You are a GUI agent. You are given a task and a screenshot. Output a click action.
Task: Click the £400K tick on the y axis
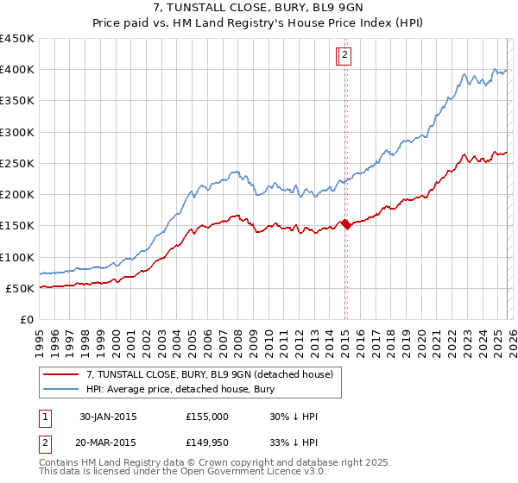click(x=17, y=70)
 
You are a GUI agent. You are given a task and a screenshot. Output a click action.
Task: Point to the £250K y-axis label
click(x=17, y=163)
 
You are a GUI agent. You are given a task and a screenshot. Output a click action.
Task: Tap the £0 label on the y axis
click(x=26, y=319)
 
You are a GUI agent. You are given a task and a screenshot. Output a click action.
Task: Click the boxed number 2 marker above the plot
click(x=344, y=56)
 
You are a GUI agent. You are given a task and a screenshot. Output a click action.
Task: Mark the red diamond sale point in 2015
click(x=346, y=224)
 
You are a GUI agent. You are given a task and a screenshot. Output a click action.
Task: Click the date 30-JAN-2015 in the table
click(x=108, y=417)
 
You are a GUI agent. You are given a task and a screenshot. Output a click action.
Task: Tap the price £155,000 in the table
click(x=207, y=417)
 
